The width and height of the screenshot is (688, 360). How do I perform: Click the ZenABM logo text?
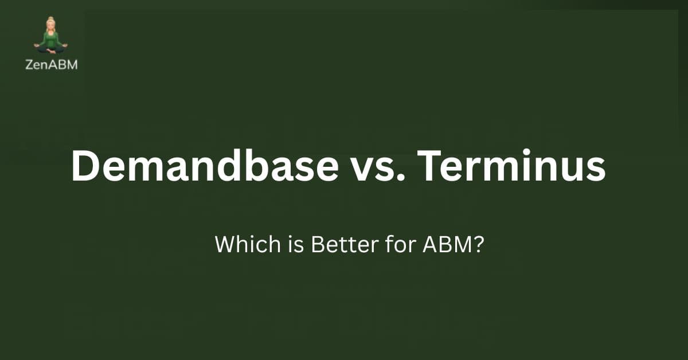(51, 65)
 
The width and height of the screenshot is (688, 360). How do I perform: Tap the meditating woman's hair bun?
(51, 20)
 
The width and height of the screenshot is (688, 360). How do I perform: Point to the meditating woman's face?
(51, 27)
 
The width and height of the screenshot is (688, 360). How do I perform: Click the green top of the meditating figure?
(51, 39)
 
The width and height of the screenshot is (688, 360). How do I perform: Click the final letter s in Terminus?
(595, 167)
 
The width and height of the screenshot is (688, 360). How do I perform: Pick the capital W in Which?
(224, 245)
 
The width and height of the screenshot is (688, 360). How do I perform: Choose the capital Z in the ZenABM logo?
(29, 65)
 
